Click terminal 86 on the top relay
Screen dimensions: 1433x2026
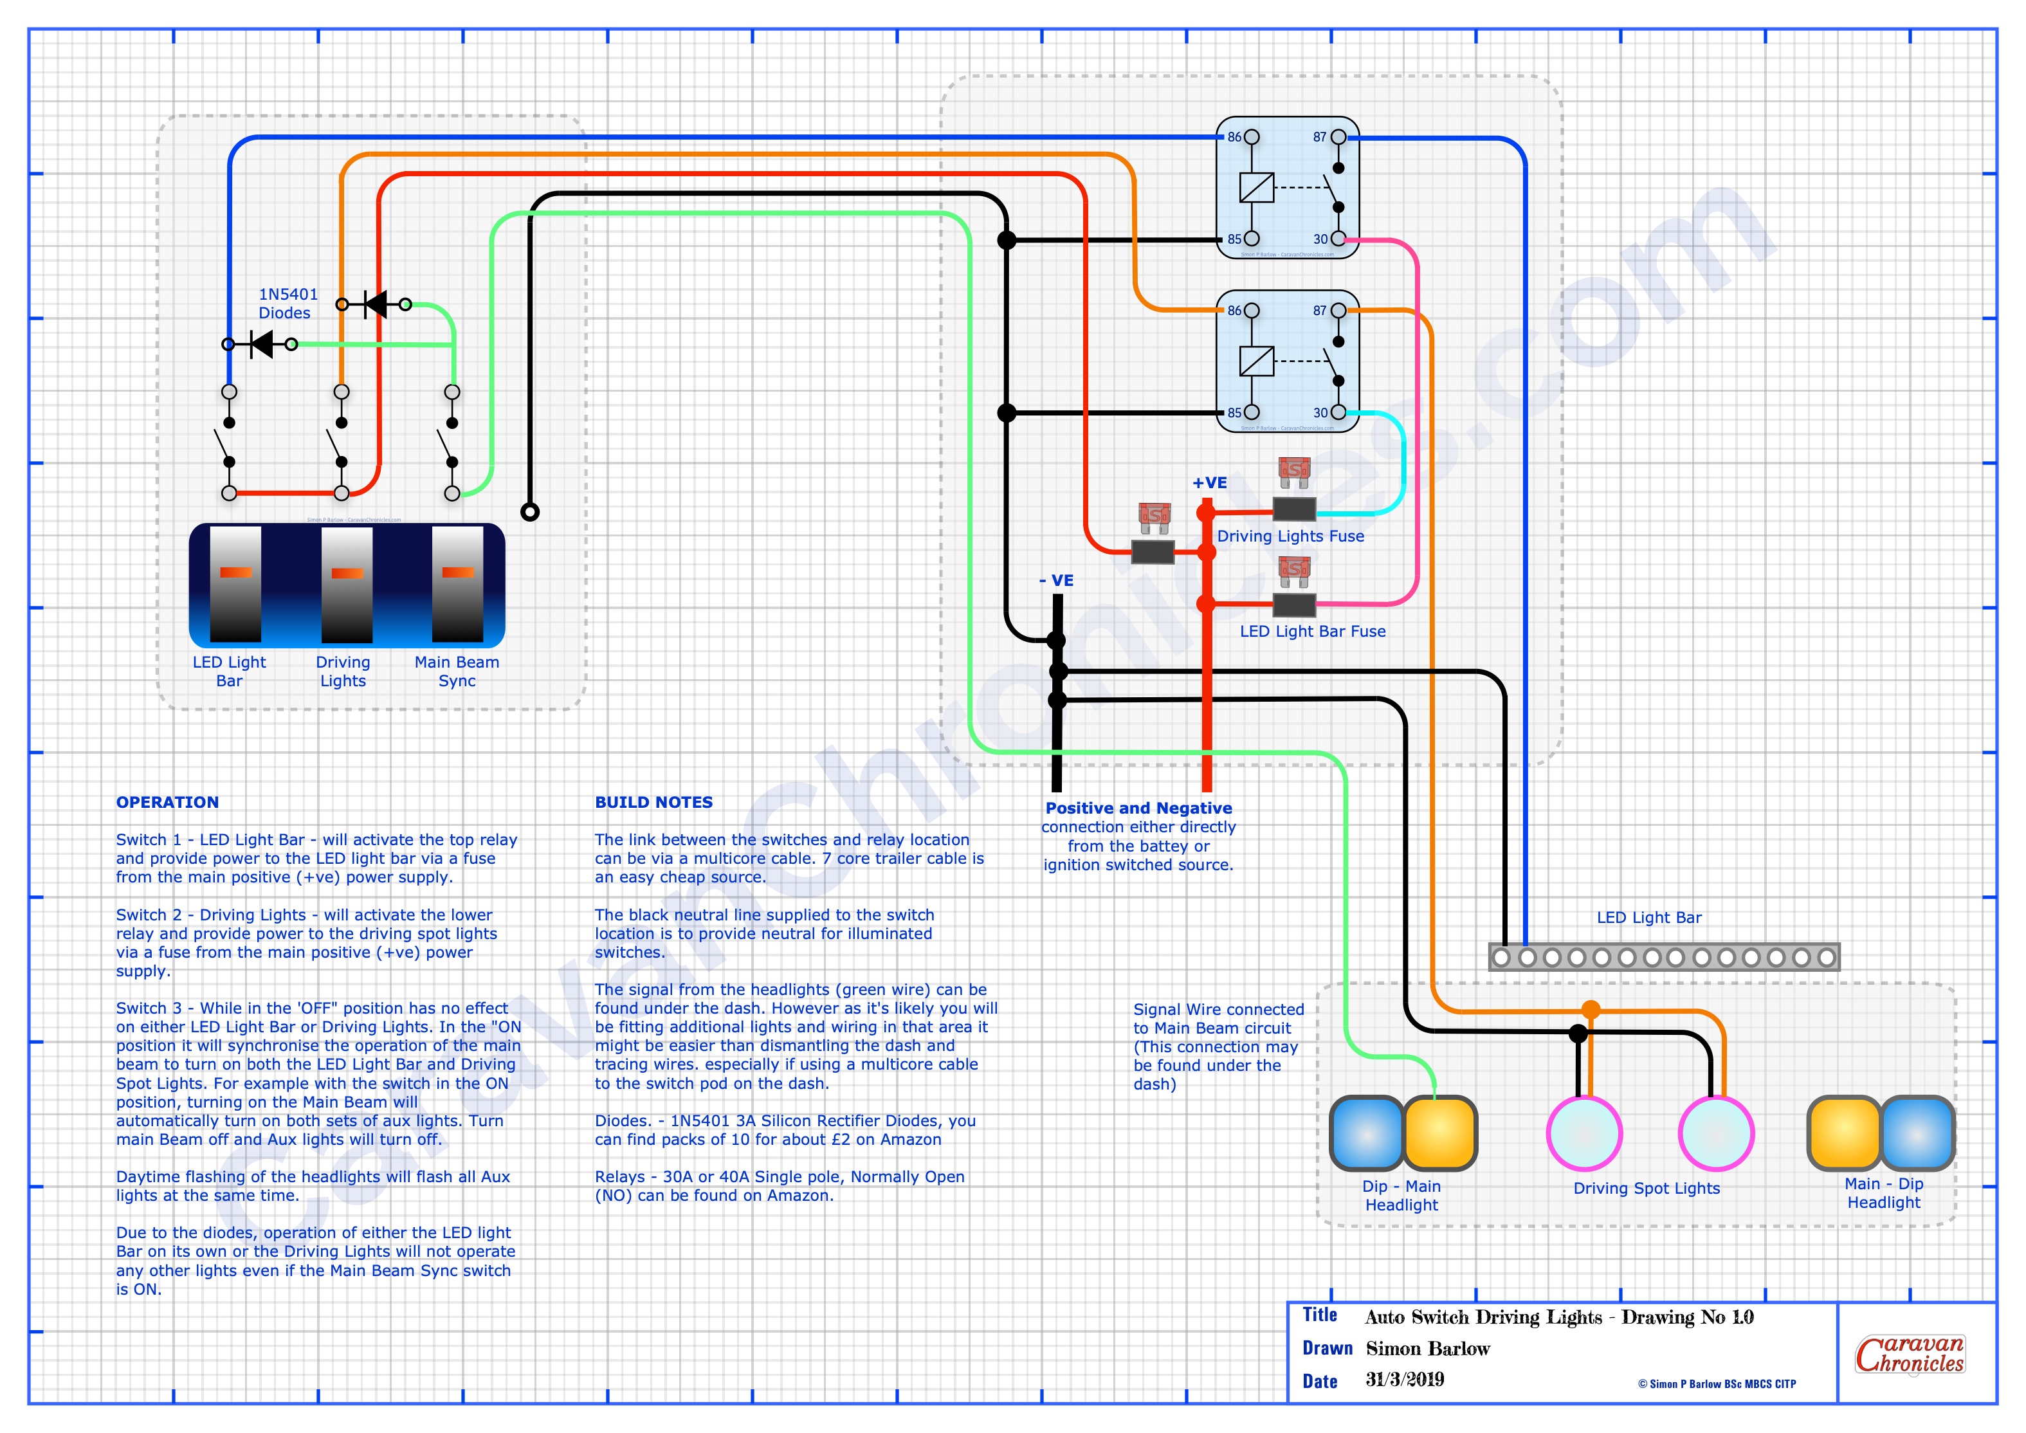(x=1250, y=138)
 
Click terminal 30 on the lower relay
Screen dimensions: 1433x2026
(x=1338, y=412)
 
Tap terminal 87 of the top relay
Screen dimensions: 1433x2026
(x=1338, y=138)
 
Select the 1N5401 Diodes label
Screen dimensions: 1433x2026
(x=287, y=304)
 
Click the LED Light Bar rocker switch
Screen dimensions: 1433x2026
(x=235, y=583)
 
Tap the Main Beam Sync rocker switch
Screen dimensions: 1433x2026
(x=457, y=583)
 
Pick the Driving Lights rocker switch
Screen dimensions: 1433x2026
(x=347, y=583)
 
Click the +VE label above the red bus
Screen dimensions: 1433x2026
(x=1209, y=482)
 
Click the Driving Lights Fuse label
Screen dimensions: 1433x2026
(x=1290, y=536)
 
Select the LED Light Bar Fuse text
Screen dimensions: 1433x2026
(x=1312, y=631)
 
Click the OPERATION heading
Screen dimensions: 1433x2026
(x=168, y=802)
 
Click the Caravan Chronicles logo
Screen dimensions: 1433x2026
(x=1910, y=1354)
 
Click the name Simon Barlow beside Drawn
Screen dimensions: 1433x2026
(x=1428, y=1348)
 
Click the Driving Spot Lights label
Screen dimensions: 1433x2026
(x=1646, y=1188)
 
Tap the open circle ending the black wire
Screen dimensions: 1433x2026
(x=529, y=512)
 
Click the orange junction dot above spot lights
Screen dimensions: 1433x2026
(x=1590, y=1009)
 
